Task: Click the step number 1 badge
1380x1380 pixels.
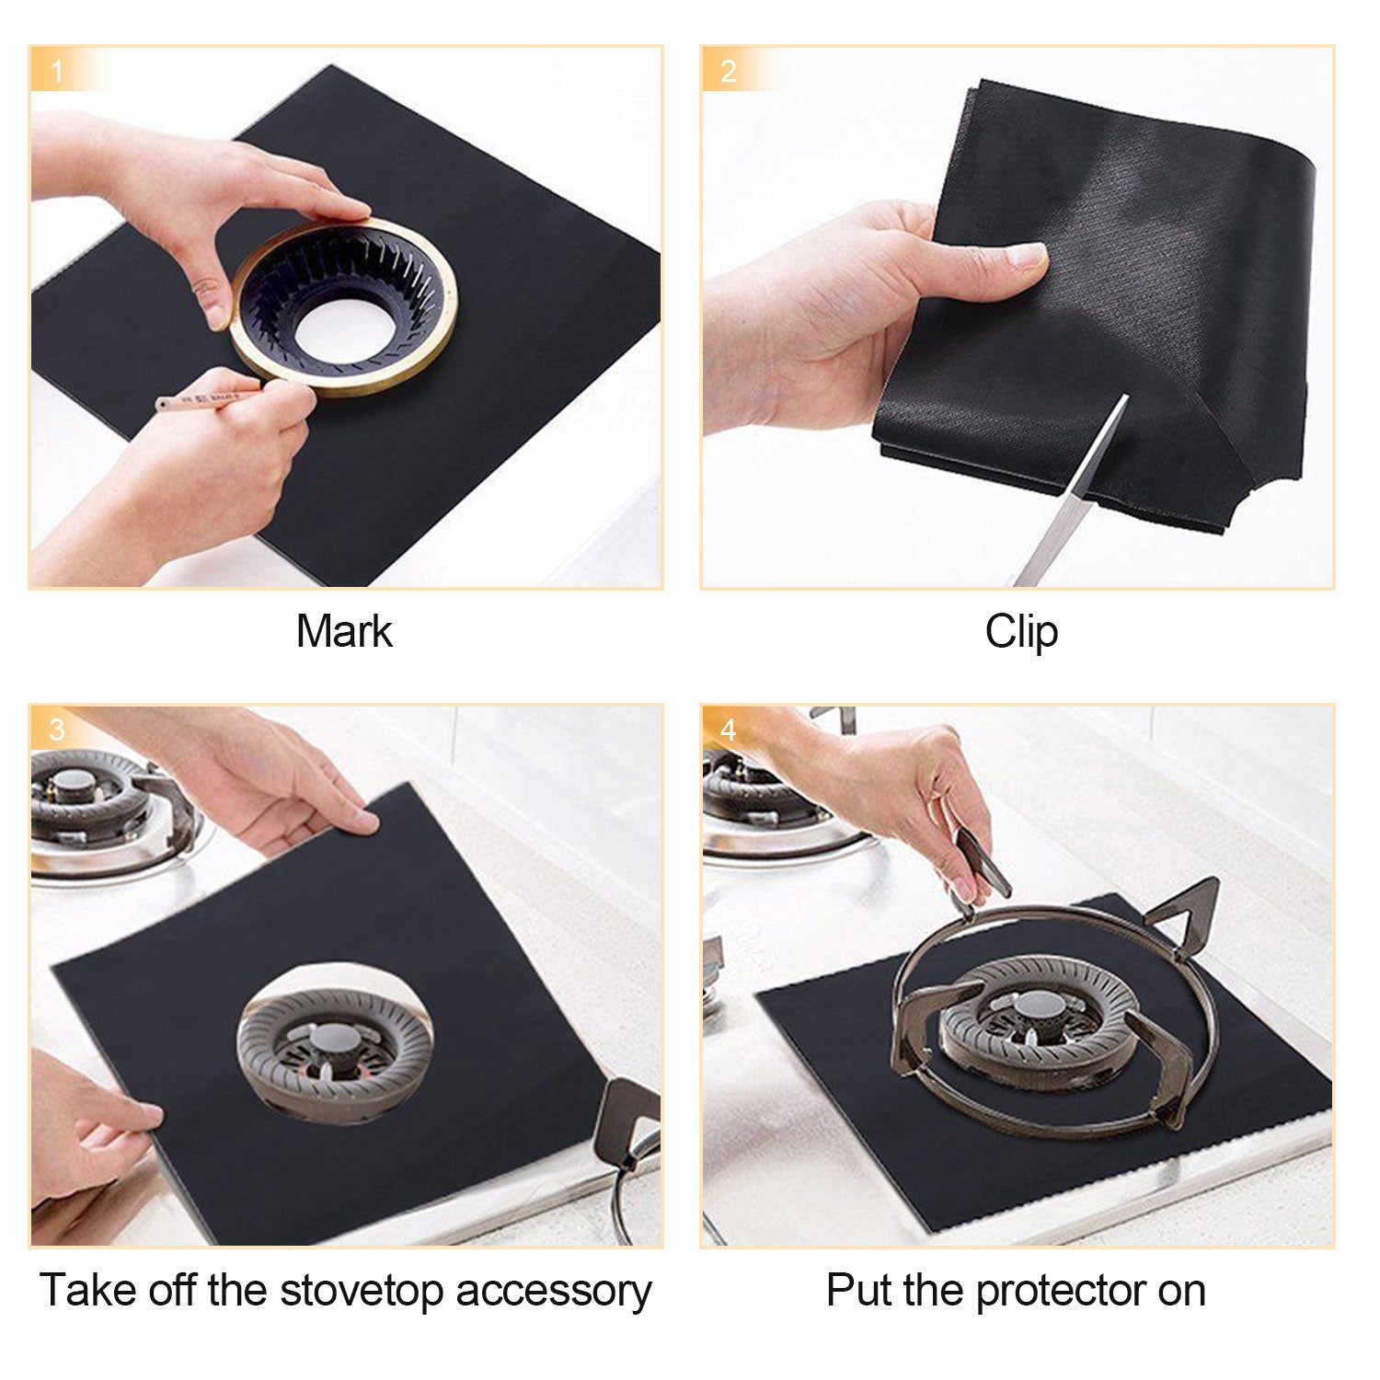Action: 57,72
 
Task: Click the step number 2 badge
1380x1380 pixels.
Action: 728,72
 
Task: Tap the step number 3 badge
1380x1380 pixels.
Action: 57,730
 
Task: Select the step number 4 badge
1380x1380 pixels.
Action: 728,730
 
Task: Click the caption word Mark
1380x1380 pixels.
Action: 344,632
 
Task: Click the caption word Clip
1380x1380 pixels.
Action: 1020,633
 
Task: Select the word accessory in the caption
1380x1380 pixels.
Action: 554,1291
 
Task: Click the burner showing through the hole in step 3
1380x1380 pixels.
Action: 334,1044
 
